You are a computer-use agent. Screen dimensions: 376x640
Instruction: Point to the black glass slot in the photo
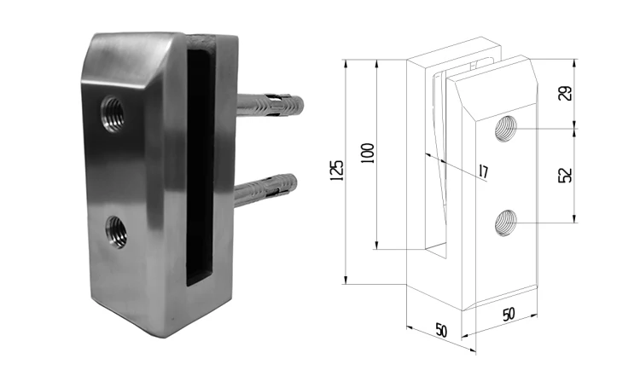pyautogui.click(x=198, y=162)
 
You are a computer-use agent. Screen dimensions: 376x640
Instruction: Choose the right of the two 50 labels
pyautogui.click(x=509, y=314)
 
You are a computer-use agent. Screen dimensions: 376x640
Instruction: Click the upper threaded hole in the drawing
pyautogui.click(x=507, y=129)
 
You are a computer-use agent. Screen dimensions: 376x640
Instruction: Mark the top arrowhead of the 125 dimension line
pyautogui.click(x=346, y=62)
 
